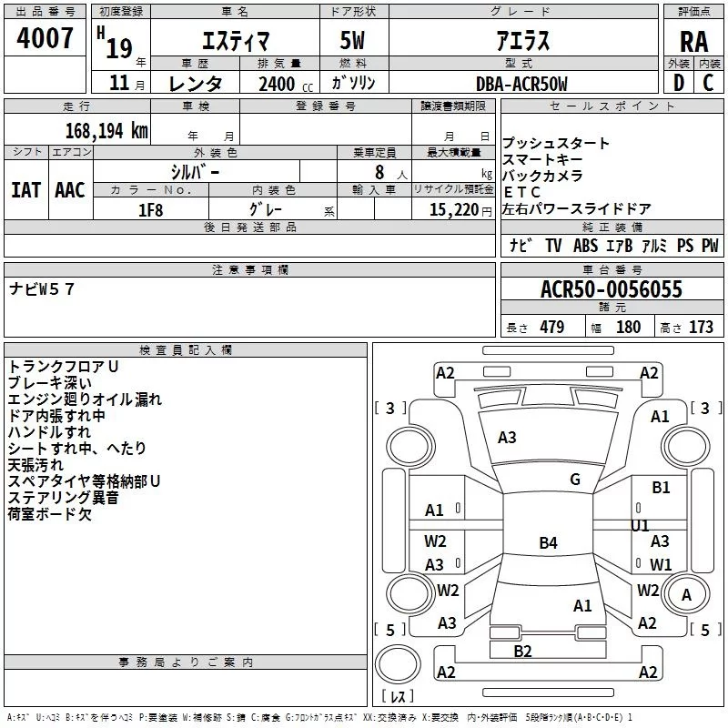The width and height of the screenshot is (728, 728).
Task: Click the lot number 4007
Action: [45, 38]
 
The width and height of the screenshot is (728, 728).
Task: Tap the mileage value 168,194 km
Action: [106, 130]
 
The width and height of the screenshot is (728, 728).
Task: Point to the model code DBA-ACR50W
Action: [521, 84]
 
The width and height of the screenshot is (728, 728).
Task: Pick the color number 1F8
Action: [151, 209]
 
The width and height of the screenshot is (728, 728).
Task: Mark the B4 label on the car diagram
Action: [548, 543]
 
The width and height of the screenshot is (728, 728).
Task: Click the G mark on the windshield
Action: [575, 480]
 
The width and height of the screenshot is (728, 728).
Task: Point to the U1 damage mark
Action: [641, 525]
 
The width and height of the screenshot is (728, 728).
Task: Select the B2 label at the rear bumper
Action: [522, 651]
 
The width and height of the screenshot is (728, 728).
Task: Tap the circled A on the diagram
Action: [687, 594]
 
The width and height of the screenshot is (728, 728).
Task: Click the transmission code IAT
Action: [25, 190]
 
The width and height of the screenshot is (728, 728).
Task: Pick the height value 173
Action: [701, 328]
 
